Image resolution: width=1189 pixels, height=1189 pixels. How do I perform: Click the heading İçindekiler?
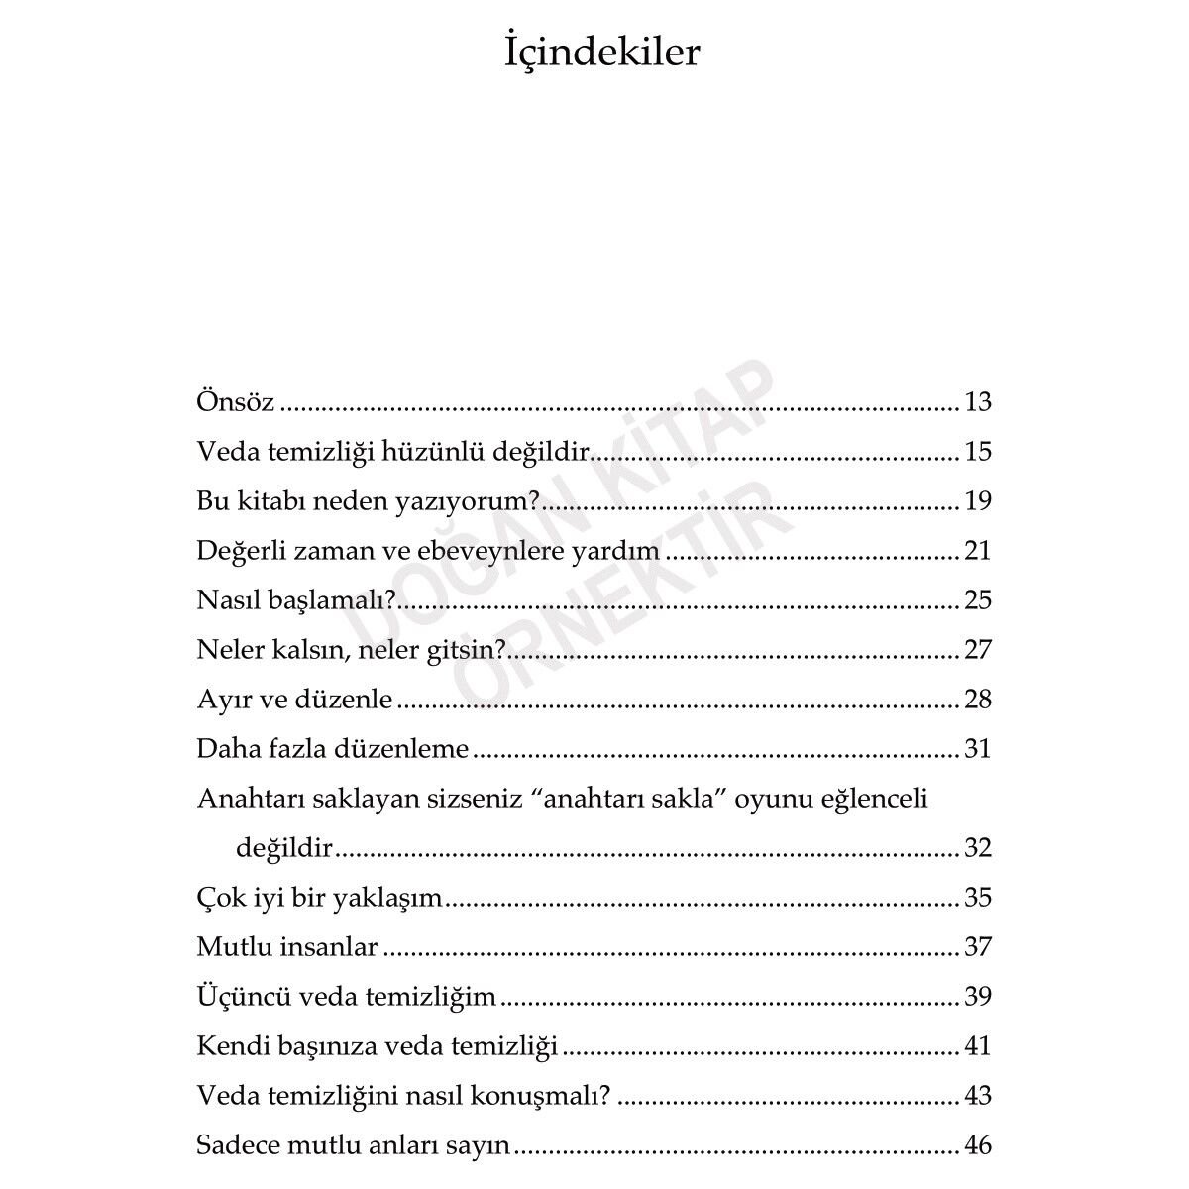(601, 54)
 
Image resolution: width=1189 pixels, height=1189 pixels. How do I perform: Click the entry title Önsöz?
(236, 402)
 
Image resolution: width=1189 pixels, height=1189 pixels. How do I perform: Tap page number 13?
(977, 402)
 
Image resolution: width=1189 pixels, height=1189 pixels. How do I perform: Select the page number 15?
(977, 452)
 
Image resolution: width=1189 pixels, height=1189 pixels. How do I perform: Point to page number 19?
(977, 501)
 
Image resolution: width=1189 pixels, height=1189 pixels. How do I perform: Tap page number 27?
(977, 650)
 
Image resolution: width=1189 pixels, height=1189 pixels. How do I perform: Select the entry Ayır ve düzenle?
(295, 700)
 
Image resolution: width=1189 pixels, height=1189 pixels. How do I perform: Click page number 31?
(977, 749)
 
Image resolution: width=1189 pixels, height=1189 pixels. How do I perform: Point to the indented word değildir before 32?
(284, 848)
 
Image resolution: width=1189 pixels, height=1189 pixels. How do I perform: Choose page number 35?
(977, 898)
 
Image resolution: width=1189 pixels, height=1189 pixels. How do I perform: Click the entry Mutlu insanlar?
(287, 947)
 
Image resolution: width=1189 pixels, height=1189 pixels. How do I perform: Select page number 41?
(977, 1046)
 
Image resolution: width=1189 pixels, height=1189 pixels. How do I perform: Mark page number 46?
(977, 1145)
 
